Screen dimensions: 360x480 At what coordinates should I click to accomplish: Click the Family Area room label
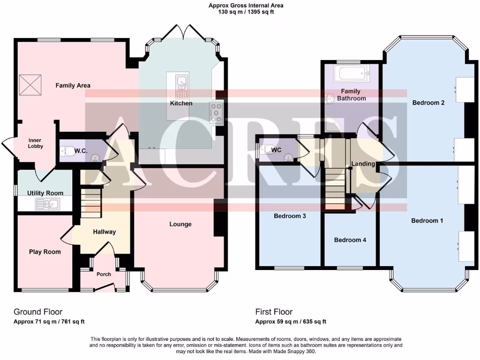pyautogui.click(x=73, y=85)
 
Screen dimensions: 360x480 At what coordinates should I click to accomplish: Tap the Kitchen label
pyautogui.click(x=181, y=103)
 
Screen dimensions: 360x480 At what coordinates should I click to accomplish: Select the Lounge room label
pyautogui.click(x=180, y=224)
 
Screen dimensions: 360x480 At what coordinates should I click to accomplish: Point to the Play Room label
pyautogui.click(x=45, y=252)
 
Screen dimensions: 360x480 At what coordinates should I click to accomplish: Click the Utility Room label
pyautogui.click(x=45, y=193)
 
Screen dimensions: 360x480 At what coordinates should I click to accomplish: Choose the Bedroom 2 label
pyautogui.click(x=428, y=103)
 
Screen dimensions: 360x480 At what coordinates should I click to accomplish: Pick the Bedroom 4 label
pyautogui.click(x=350, y=240)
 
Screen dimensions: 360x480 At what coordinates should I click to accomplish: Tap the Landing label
pyautogui.click(x=363, y=164)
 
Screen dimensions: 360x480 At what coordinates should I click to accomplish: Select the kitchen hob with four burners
pyautogui.click(x=217, y=113)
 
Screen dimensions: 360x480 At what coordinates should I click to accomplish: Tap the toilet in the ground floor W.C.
pyautogui.click(x=66, y=151)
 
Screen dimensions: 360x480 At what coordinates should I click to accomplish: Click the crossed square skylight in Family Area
pyautogui.click(x=29, y=85)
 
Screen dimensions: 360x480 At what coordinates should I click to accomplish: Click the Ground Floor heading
pyautogui.click(x=38, y=312)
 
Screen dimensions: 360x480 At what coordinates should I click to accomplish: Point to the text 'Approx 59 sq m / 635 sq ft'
pyautogui.click(x=291, y=322)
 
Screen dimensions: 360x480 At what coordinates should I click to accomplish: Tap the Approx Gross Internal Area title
pyautogui.click(x=246, y=6)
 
